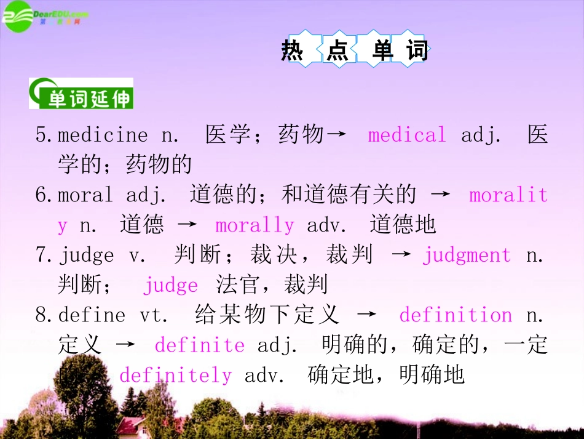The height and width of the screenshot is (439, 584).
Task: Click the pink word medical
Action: tap(407, 135)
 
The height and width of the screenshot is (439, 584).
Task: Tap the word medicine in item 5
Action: tap(103, 135)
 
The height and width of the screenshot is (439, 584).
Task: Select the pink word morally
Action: tap(255, 225)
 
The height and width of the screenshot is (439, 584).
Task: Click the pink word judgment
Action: tap(467, 255)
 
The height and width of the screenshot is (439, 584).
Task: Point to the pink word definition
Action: tap(456, 315)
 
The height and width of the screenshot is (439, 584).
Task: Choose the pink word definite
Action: tap(199, 345)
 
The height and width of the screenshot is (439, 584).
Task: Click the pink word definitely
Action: tap(175, 375)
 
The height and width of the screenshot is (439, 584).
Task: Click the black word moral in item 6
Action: tap(85, 195)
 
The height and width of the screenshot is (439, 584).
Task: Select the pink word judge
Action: tap(170, 285)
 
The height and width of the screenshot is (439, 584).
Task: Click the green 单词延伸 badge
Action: tap(81, 94)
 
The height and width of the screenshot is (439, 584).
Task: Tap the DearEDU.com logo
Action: tap(44, 17)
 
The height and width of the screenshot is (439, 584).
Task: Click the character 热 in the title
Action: tap(293, 49)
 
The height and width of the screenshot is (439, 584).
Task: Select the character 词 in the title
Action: tap(416, 49)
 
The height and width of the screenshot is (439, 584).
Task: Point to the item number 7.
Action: tap(42, 255)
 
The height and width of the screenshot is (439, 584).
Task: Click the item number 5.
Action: tap(42, 135)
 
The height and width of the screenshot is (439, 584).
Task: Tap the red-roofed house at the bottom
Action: tap(133, 425)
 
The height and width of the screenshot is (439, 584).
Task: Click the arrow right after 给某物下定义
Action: tap(367, 315)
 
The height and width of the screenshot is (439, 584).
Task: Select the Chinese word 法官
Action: tap(238, 285)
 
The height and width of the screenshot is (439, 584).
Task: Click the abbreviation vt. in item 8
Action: tap(153, 315)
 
